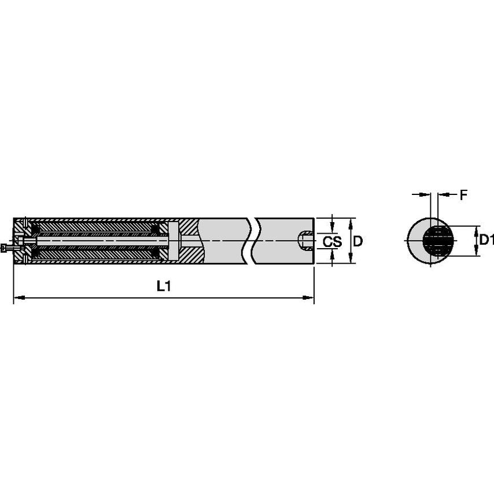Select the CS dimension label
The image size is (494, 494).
(x=331, y=242)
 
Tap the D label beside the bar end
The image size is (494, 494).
(x=357, y=242)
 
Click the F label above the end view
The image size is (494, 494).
(x=463, y=196)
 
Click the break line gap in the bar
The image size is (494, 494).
(x=253, y=241)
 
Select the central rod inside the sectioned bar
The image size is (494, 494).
(x=98, y=241)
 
